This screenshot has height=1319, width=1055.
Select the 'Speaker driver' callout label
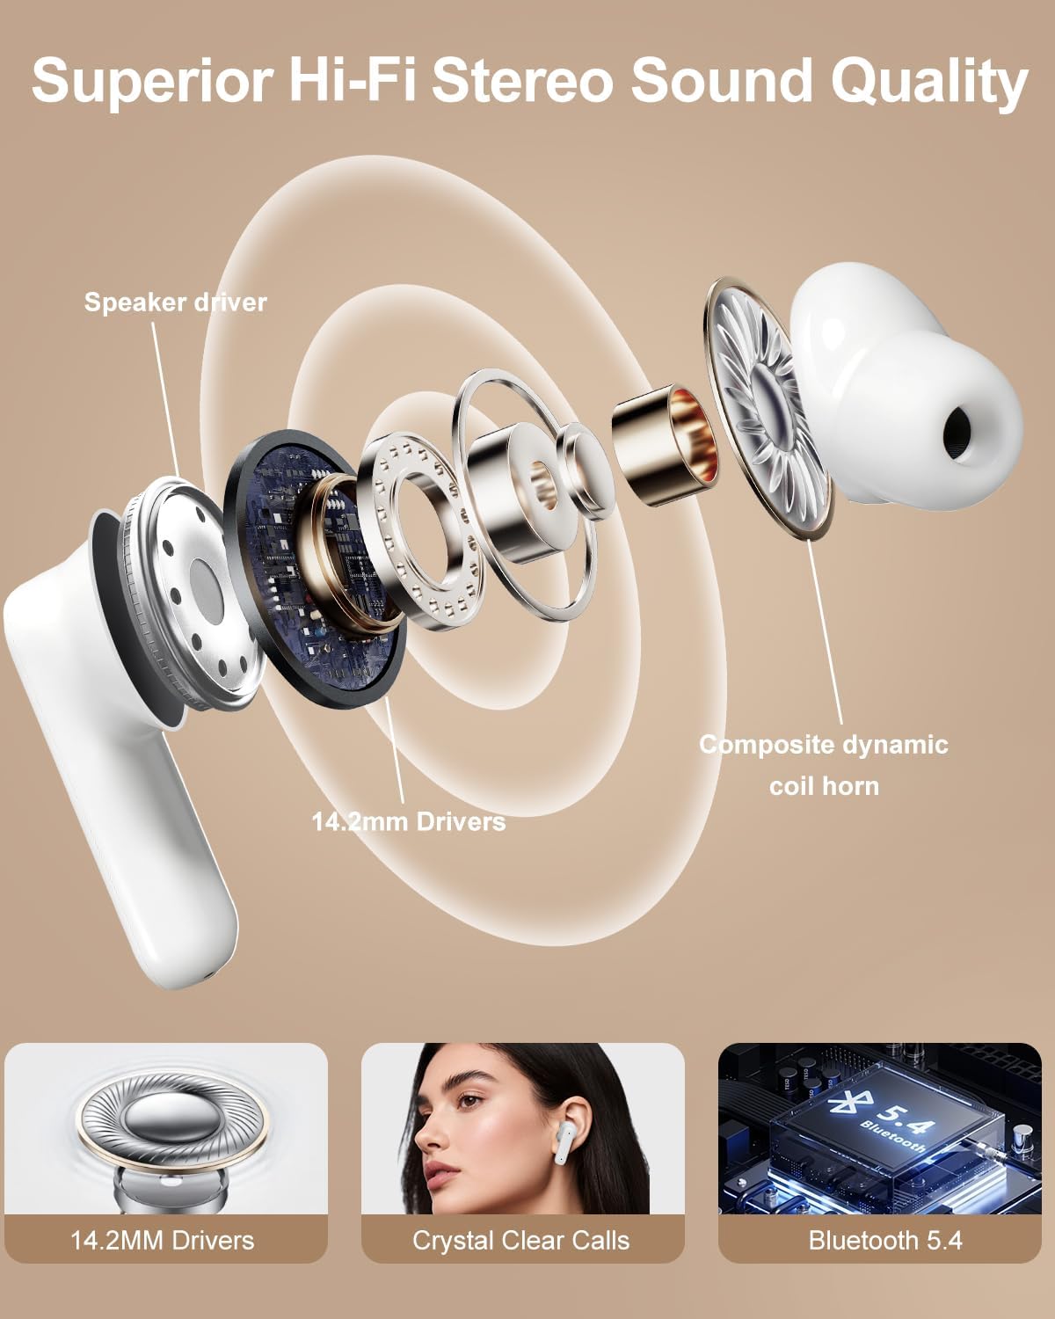(x=175, y=302)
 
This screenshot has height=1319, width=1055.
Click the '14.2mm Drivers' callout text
(x=409, y=821)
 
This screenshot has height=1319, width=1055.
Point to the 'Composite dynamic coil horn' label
(x=824, y=764)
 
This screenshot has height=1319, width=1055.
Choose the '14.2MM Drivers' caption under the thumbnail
(x=163, y=1241)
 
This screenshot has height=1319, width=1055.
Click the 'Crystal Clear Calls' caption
(x=521, y=1241)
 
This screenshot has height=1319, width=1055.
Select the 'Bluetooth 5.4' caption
(x=885, y=1241)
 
